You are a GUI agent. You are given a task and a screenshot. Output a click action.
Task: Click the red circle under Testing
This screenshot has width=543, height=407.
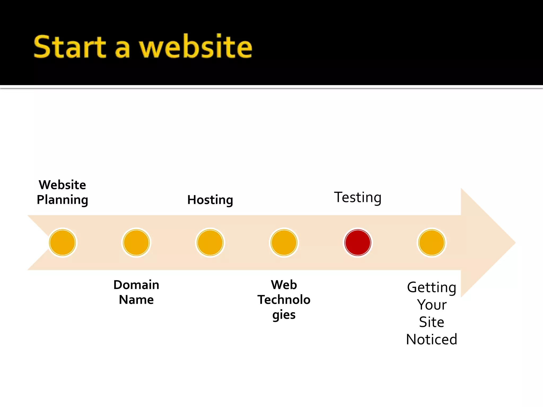[358, 242]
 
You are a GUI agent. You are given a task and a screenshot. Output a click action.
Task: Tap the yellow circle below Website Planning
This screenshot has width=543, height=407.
[63, 242]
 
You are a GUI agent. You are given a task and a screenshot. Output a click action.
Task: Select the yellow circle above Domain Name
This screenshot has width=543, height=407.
[136, 242]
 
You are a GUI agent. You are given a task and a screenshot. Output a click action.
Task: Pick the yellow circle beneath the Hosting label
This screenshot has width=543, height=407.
[210, 242]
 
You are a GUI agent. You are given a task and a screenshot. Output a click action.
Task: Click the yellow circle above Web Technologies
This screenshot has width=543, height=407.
[284, 242]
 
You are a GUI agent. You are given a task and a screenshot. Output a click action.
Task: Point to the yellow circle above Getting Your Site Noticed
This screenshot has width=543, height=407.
[432, 242]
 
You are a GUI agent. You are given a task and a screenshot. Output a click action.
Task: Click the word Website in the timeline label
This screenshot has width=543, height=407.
[62, 185]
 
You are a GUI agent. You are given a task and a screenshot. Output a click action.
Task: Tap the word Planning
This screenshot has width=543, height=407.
[62, 200]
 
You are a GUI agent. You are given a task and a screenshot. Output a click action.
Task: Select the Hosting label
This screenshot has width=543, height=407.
[210, 200]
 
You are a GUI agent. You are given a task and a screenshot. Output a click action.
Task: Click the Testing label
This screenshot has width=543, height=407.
[358, 197]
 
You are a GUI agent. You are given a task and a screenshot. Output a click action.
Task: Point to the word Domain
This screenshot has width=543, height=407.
[136, 285]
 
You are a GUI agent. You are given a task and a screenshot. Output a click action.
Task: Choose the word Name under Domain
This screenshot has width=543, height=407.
[136, 300]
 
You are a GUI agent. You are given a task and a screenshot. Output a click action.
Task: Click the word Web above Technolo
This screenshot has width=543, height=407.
[284, 285]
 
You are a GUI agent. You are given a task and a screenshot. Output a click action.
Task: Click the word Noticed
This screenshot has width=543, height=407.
[432, 339]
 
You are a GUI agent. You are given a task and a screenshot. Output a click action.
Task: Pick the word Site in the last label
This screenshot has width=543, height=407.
[432, 322]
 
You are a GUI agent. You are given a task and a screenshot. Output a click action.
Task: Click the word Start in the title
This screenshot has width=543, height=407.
[70, 47]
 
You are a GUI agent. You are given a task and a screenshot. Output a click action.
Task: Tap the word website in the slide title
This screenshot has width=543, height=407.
[196, 47]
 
